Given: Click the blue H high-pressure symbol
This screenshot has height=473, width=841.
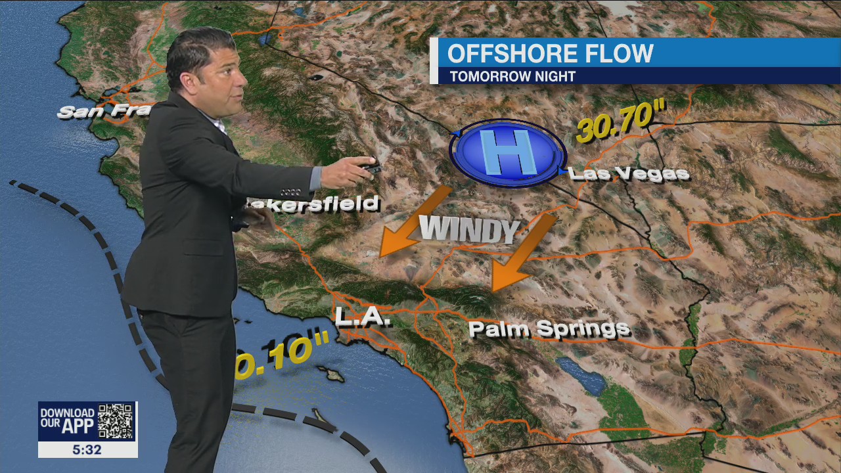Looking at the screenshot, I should tap(507, 152).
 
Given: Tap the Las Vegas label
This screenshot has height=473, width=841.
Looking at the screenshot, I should tap(628, 173).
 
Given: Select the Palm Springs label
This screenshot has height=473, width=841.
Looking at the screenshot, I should tap(549, 328).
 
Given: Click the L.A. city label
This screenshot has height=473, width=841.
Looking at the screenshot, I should tap(363, 317).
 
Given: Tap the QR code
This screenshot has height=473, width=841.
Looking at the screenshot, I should tap(116, 421).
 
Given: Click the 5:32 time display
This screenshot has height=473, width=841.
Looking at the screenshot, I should tap(87, 450).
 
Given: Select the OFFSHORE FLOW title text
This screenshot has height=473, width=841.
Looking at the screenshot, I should tap(550, 53).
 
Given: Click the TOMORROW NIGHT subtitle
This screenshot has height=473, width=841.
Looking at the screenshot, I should tap(512, 76).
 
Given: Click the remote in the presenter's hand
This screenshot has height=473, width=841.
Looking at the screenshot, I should tap(369, 167).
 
